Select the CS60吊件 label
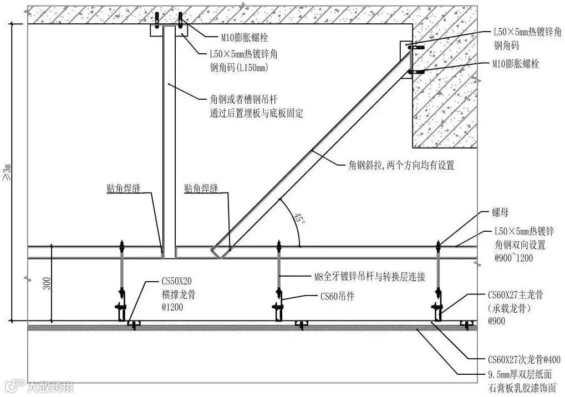337,297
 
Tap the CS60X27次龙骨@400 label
523,360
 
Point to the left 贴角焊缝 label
123,189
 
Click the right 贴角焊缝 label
201,189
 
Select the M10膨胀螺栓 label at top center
245,38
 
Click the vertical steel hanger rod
169,139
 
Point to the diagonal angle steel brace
311,150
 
